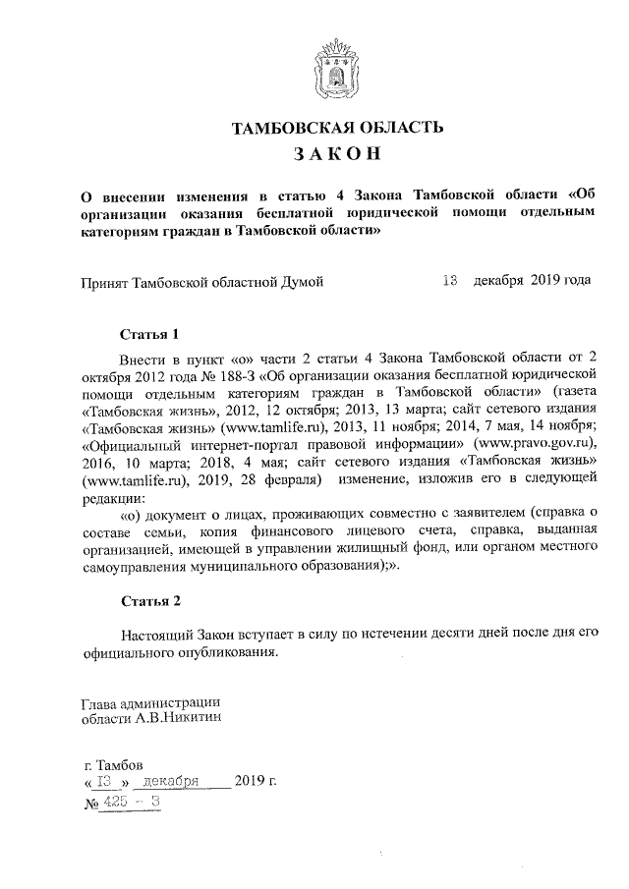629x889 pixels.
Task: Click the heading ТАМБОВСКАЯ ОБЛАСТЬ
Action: tap(329, 127)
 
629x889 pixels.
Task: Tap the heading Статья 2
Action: tap(149, 599)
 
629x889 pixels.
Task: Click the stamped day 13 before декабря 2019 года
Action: tap(450, 281)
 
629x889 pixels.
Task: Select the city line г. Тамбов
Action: tap(115, 764)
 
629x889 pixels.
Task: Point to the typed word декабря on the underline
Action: tap(171, 782)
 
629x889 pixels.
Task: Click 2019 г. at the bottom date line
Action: tap(257, 782)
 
